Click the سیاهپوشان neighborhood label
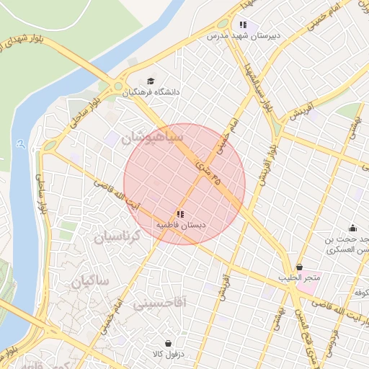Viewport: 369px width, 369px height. point(154,137)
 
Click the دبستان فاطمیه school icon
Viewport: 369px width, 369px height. point(179,214)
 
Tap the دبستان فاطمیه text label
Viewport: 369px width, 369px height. point(182,226)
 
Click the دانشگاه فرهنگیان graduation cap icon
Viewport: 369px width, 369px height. point(151,81)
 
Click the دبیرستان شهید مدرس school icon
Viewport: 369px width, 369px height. point(252,23)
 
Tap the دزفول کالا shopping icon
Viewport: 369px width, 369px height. point(168,343)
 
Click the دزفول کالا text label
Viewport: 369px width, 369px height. point(168,355)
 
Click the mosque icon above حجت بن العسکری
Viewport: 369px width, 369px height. point(352,228)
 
